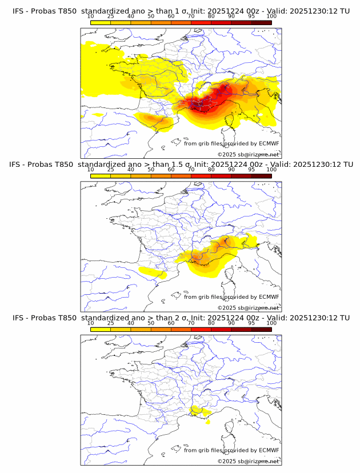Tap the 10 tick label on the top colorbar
coord(91,16)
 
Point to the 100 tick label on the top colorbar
coord(271,16)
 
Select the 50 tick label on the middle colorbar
coord(151,169)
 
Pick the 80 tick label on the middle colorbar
coord(211,169)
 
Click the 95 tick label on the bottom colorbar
coord(251,322)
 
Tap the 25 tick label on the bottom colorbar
coord(111,322)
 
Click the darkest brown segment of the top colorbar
coord(261,22)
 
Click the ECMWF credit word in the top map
coord(269,143)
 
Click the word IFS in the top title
coord(18,11)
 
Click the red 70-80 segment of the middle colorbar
coord(201,175)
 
